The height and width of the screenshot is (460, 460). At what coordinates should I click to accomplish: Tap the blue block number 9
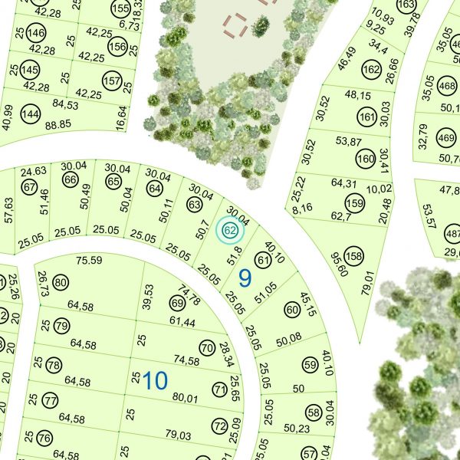tap(245, 278)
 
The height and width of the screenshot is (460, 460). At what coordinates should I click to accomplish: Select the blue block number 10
tap(155, 381)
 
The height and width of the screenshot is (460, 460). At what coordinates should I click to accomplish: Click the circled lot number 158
tap(353, 256)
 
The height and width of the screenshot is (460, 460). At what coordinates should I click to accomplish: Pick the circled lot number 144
tap(30, 114)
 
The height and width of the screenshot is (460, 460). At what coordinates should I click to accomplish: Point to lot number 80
tap(61, 284)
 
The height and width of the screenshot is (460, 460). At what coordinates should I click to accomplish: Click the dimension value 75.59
tap(90, 261)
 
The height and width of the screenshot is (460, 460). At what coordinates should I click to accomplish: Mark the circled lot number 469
tap(445, 138)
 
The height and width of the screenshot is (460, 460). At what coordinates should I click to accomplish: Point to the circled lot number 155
tap(120, 9)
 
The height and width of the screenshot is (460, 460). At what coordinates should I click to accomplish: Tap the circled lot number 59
tap(309, 365)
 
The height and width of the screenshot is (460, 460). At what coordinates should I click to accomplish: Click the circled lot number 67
tap(30, 187)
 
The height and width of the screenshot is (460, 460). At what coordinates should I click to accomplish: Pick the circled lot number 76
tap(44, 439)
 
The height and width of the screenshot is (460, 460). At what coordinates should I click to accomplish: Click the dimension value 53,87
tap(348, 141)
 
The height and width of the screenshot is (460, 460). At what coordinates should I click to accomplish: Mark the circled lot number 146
tap(35, 34)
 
